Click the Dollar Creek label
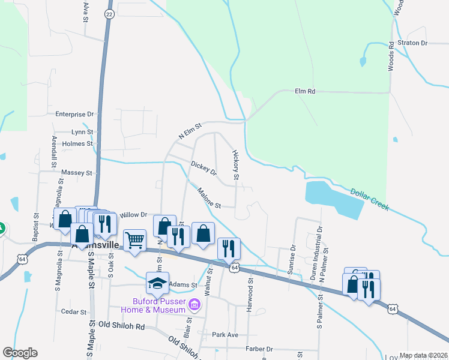370,199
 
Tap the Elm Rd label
305,91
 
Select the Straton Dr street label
415,43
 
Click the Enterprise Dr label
75,114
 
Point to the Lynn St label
82,132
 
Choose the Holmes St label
77,144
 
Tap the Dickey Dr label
203,169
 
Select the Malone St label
209,199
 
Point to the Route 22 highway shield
109,13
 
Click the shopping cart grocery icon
135,239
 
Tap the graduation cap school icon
158,281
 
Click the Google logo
20,352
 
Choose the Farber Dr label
259,349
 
